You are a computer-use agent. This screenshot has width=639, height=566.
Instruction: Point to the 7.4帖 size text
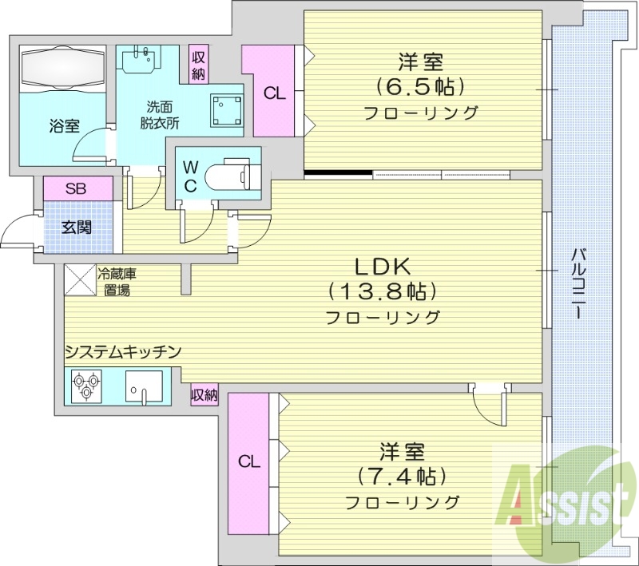(x=401, y=477)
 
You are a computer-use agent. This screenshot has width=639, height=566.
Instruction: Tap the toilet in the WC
(x=227, y=174)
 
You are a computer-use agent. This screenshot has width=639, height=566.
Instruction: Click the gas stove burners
(x=84, y=386)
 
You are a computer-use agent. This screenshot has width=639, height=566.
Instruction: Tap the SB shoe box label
(x=77, y=189)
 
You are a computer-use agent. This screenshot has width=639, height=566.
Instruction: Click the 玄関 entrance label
(x=77, y=227)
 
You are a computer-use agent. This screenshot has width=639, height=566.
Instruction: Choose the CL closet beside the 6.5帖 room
(x=274, y=93)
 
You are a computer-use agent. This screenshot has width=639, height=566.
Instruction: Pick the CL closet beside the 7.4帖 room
(x=249, y=461)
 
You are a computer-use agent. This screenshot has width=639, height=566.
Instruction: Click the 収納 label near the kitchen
(x=204, y=394)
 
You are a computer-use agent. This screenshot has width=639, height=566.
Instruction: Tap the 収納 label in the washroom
(x=198, y=64)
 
